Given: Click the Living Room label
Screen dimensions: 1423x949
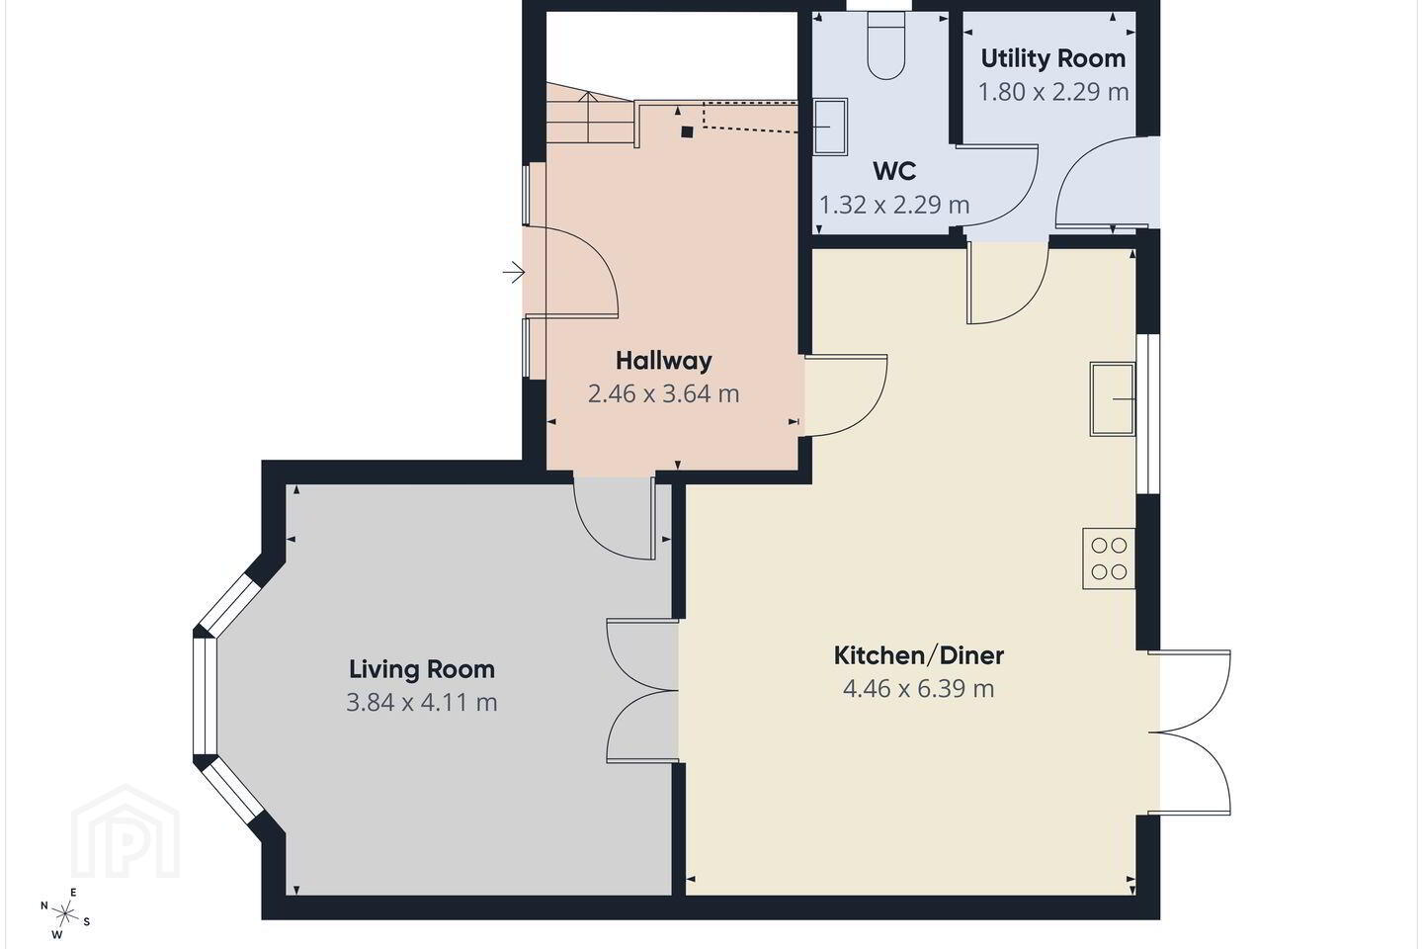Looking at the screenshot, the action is (x=422, y=669).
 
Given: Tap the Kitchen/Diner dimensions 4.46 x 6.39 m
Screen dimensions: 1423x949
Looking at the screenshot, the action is (x=919, y=688).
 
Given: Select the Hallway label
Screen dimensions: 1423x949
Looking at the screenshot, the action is (x=664, y=361).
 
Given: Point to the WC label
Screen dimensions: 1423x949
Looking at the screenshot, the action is (x=894, y=171).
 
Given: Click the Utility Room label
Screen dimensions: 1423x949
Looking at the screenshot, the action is (x=1053, y=58).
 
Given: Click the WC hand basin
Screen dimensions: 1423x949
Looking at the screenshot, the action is (x=831, y=127).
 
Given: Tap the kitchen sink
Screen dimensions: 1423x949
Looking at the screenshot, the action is (x=1113, y=399).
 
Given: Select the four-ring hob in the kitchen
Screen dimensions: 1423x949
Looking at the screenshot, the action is (x=1109, y=559).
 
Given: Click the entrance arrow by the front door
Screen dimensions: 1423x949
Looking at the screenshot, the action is (x=514, y=273).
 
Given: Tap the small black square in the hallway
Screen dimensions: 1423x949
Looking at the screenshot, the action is (x=687, y=132).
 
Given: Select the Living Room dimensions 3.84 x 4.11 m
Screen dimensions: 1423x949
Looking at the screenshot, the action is (x=422, y=703).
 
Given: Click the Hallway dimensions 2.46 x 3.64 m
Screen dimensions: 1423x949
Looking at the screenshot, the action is (x=664, y=394).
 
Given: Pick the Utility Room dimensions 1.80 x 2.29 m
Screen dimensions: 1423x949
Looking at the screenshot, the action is (x=1053, y=92).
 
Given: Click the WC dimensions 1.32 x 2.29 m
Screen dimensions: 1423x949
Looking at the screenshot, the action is (x=894, y=206).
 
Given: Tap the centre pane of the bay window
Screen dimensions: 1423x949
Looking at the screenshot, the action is (x=206, y=697).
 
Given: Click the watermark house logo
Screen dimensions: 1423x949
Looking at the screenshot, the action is (x=126, y=831).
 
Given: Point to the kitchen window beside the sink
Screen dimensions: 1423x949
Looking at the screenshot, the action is (x=1148, y=414).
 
